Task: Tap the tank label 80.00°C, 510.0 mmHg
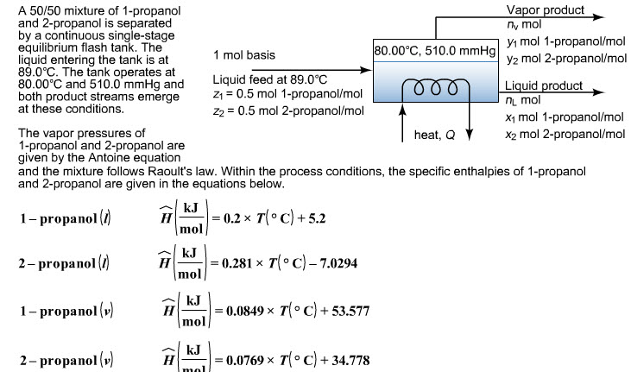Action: (435, 51)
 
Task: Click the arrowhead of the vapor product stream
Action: (600, 17)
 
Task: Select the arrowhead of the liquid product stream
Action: (600, 92)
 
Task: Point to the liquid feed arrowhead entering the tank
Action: (366, 70)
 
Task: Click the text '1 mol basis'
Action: (244, 55)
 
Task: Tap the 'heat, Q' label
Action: (434, 135)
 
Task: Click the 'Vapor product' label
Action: (546, 9)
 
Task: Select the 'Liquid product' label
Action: (544, 85)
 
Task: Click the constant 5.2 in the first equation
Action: (317, 218)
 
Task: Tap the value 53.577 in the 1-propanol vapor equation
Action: (350, 312)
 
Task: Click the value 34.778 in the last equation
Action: (350, 360)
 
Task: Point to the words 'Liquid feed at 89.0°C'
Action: (270, 79)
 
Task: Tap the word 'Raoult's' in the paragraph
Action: (170, 172)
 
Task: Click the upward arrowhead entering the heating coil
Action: (402, 110)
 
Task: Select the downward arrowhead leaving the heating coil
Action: (470, 135)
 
